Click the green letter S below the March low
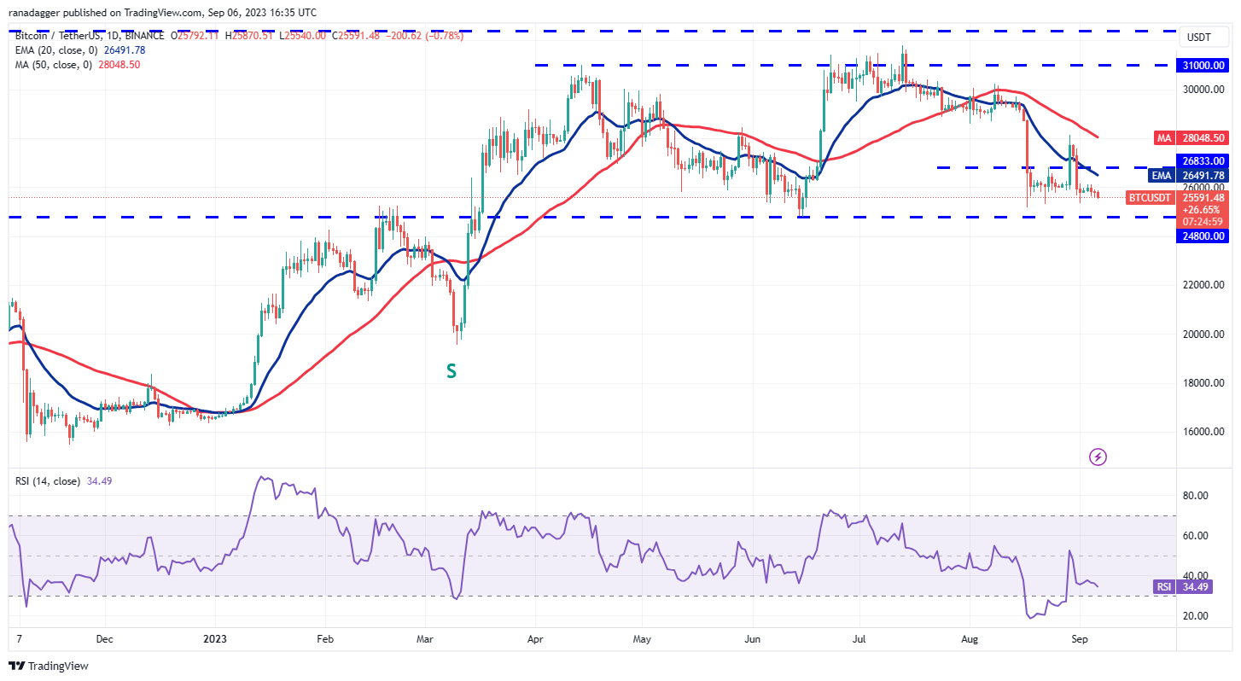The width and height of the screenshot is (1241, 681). coord(451,371)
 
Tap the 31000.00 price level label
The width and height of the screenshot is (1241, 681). coord(1203,65)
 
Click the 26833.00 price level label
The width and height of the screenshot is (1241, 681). coord(1203,160)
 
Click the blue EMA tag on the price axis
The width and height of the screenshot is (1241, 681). coord(1161,175)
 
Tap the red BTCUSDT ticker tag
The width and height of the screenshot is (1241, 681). coord(1150,197)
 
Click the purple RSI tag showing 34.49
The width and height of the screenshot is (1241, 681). coord(1162,586)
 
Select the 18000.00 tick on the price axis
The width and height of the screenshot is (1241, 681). coord(1203,382)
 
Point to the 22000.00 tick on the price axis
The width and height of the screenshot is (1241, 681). coord(1203,284)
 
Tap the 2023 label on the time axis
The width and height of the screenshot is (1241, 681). coord(214,637)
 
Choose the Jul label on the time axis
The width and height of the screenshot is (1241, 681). coord(859,637)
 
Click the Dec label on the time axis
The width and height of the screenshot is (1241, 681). coord(105,637)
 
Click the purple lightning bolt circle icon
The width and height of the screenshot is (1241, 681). coord(1098,457)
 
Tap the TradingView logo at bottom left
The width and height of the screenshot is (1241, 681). coord(50,666)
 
